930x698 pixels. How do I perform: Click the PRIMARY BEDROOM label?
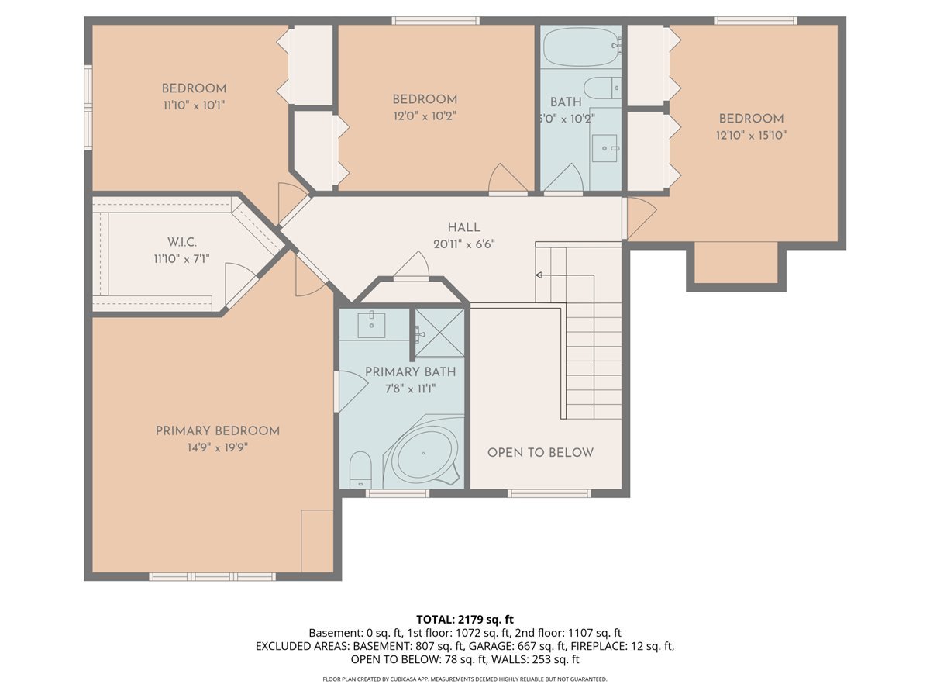tap(217, 431)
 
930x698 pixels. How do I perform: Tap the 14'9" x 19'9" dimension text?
tap(217, 447)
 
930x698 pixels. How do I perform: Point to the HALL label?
tap(463, 227)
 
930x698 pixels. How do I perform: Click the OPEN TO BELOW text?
tap(540, 453)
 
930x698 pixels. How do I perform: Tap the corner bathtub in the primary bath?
tap(424, 454)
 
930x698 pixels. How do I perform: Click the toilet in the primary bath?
tap(360, 470)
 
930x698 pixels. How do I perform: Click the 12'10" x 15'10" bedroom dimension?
tap(751, 135)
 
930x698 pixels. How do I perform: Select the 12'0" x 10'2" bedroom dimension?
tap(424, 116)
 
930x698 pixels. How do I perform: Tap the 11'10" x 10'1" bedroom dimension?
tap(194, 104)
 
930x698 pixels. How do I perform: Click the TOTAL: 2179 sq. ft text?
tap(465, 619)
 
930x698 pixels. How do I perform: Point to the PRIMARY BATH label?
tap(410, 372)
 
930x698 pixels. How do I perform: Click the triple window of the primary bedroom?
tap(212, 576)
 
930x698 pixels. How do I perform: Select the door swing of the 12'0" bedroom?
tap(508, 179)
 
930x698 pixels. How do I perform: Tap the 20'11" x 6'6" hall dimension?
tap(463, 244)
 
